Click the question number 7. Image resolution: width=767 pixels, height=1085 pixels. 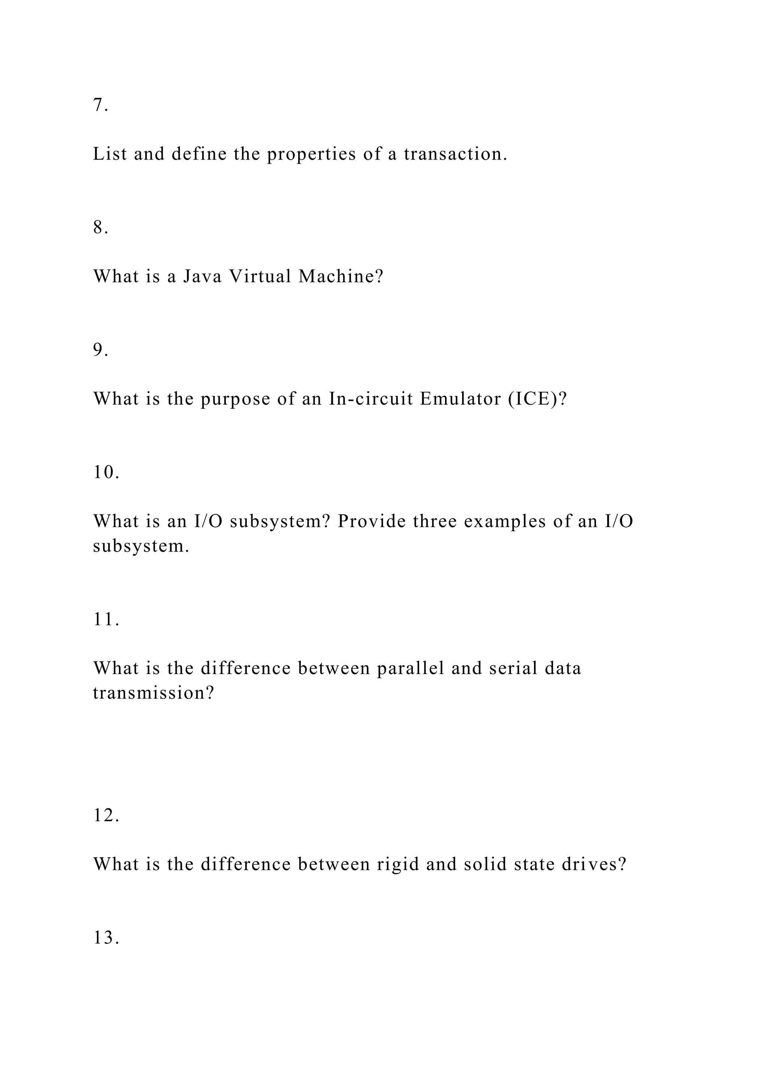[x=100, y=105]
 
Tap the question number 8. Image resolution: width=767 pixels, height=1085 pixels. [x=100, y=227]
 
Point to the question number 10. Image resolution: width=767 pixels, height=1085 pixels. [x=106, y=472]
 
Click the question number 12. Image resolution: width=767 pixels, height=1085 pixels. [x=106, y=815]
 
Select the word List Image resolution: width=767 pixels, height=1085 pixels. [x=110, y=154]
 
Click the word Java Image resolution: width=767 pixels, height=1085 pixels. [x=202, y=276]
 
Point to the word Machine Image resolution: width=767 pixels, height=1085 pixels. [x=340, y=276]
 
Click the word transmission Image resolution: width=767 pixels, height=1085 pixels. [x=154, y=693]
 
